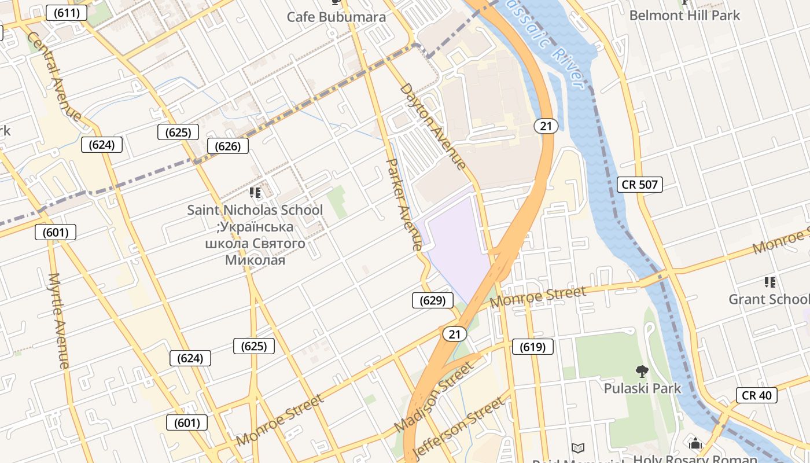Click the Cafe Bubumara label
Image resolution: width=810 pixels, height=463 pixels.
pyautogui.click(x=336, y=17)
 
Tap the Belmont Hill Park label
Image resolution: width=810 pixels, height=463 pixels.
pyautogui.click(x=684, y=15)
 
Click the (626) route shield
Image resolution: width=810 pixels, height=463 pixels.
pyautogui.click(x=227, y=146)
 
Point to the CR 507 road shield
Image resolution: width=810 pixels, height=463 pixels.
pyautogui.click(x=639, y=185)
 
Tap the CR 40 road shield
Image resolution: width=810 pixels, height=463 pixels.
pyautogui.click(x=756, y=395)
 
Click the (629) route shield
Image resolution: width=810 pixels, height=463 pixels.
pyautogui.click(x=432, y=300)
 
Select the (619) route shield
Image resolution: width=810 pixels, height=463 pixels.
pyautogui.click(x=532, y=347)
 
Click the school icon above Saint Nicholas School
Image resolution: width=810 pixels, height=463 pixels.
pyautogui.click(x=255, y=192)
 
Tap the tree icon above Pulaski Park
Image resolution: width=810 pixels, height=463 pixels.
pyautogui.click(x=642, y=371)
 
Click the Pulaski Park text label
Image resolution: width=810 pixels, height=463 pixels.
pyautogui.click(x=642, y=388)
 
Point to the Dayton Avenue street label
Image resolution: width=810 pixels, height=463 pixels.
pyautogui.click(x=433, y=126)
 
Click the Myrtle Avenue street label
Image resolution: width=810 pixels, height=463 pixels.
pyautogui.click(x=59, y=321)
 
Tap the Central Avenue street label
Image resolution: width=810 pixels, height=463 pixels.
pyautogui.click(x=54, y=76)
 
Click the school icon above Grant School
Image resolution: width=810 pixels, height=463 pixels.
pyautogui.click(x=770, y=282)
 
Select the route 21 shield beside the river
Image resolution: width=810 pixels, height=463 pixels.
pyautogui.click(x=546, y=126)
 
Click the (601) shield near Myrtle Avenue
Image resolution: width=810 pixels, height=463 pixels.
pyautogui.click(x=56, y=233)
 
